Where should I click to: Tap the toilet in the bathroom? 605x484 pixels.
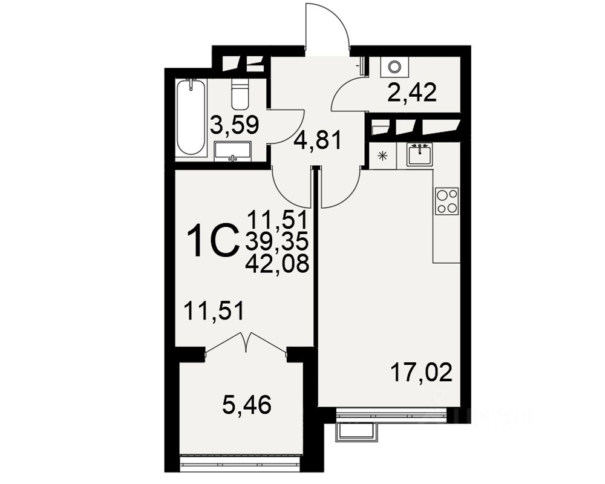(x=240, y=94)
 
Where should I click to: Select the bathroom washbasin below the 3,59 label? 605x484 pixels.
(x=232, y=151)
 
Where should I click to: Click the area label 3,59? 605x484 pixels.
(x=235, y=125)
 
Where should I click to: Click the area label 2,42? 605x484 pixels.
(x=413, y=93)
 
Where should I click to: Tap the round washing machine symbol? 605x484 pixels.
(x=394, y=67)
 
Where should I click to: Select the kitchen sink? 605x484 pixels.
(x=419, y=154)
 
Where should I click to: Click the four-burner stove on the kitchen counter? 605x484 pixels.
(x=447, y=200)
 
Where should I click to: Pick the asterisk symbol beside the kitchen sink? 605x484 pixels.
(x=382, y=155)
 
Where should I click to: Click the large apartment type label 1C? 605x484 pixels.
(x=211, y=240)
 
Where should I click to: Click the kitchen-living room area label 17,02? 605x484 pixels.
(x=421, y=373)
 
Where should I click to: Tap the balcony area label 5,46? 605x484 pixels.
(x=246, y=404)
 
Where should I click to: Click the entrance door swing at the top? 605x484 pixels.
(x=327, y=27)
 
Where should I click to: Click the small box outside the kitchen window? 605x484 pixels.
(x=356, y=430)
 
